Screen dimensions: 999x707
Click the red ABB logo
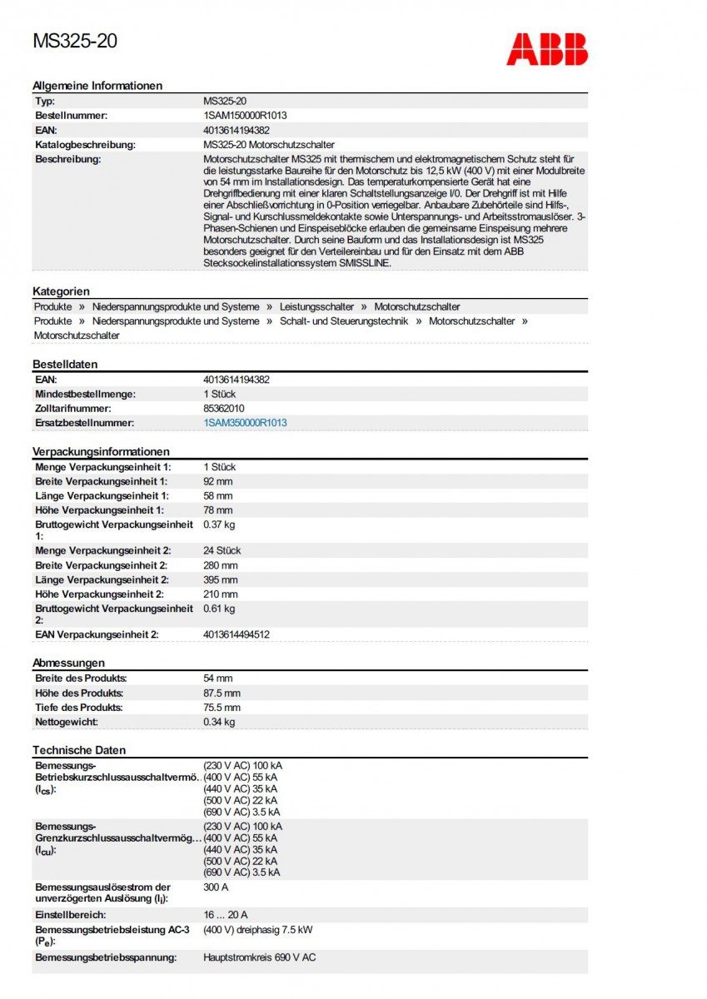[x=546, y=49]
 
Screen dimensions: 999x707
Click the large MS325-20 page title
[x=75, y=41]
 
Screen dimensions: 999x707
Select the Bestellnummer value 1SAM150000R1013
[x=245, y=116]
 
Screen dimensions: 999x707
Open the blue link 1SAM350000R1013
[x=245, y=423]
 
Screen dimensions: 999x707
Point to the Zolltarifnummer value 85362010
[x=224, y=409]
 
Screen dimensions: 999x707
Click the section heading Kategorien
[x=61, y=291]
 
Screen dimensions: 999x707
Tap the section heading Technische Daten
[x=79, y=750]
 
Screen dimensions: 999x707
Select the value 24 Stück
[x=222, y=550]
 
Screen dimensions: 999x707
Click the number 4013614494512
[x=236, y=634]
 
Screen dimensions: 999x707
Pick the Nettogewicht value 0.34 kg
[x=219, y=722]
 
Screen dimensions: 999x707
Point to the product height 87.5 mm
[x=222, y=693]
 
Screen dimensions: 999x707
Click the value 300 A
[x=217, y=888]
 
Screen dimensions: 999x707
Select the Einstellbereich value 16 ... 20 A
[x=226, y=915]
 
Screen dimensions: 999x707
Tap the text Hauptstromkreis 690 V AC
[x=260, y=957]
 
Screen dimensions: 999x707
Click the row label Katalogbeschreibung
[x=85, y=145]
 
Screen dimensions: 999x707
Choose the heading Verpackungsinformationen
[x=101, y=451]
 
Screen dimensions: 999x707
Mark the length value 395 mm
[x=220, y=579]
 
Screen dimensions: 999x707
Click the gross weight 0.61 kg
[x=219, y=609]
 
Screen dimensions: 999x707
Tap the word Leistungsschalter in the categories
[x=316, y=307]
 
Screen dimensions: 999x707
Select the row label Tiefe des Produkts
[x=79, y=708]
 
